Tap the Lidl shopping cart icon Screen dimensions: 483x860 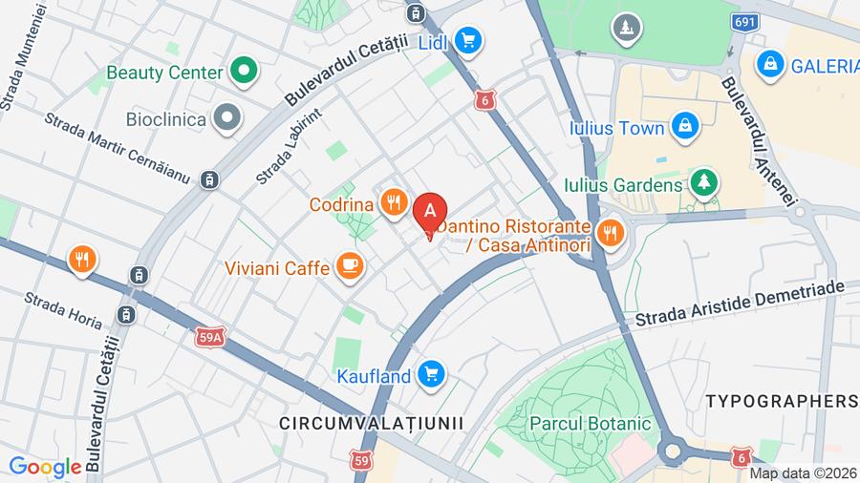[x=467, y=40]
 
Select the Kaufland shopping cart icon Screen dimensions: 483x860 [x=432, y=374]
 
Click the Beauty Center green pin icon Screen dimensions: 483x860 [x=245, y=72]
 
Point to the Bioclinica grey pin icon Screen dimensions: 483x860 [x=226, y=119]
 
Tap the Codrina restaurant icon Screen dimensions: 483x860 [x=393, y=203]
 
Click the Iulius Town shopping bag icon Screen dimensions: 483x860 [x=684, y=127]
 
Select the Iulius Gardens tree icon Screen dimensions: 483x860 [x=704, y=183]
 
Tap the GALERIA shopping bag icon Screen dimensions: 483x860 [x=767, y=65]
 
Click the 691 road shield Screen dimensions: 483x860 [x=746, y=21]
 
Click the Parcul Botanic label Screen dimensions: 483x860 [x=591, y=423]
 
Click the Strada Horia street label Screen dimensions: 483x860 [x=63, y=310]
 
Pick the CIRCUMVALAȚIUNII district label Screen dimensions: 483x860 [x=371, y=422]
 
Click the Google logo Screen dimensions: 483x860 [x=44, y=467]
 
